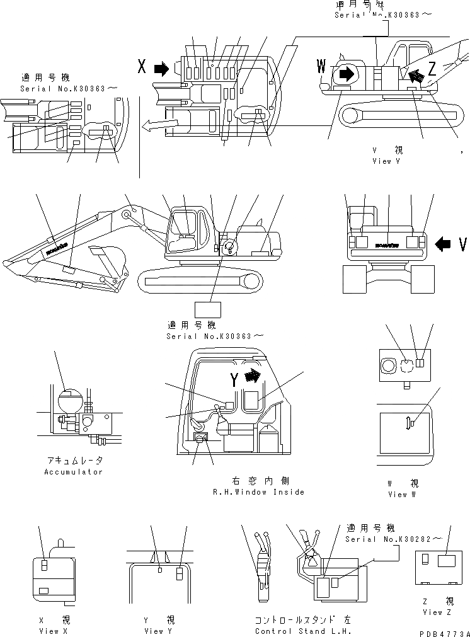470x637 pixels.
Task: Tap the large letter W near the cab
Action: pyautogui.click(x=322, y=66)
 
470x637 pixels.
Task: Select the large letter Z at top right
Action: pyautogui.click(x=432, y=69)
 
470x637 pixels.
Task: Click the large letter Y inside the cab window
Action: pyautogui.click(x=234, y=379)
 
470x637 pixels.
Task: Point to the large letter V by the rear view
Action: pyautogui.click(x=462, y=243)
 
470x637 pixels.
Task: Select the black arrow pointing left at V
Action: pyautogui.click(x=444, y=243)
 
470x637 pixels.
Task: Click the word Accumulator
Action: pyautogui.click(x=73, y=471)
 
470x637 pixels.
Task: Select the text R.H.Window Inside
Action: pyautogui.click(x=259, y=491)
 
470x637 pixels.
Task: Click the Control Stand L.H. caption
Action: pyautogui.click(x=302, y=631)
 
